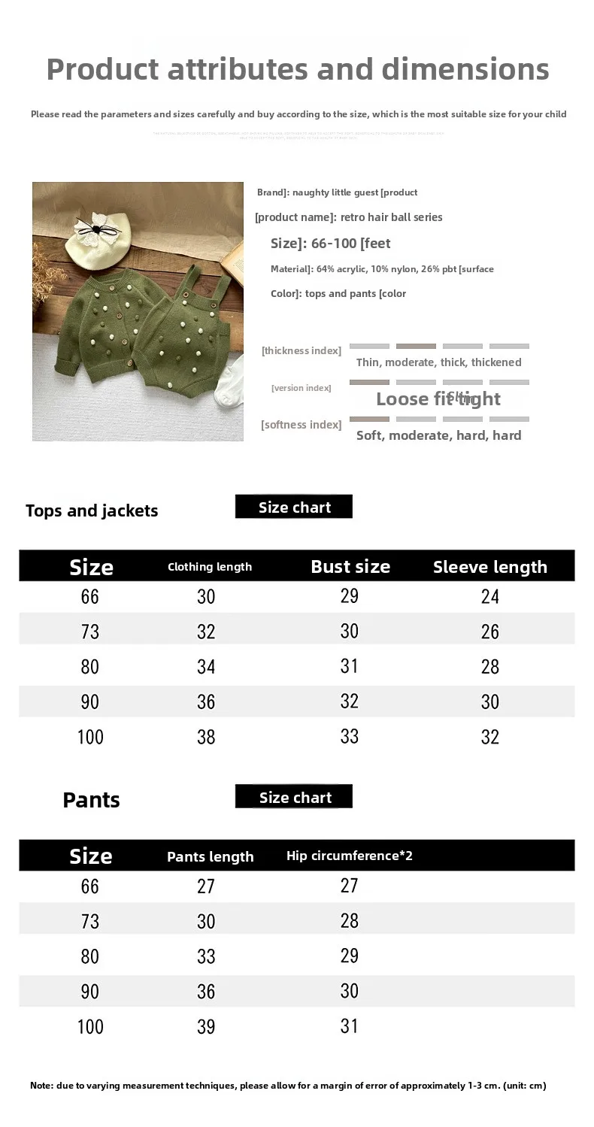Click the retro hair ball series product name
(391, 217)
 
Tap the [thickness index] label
(301, 350)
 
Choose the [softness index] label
(301, 425)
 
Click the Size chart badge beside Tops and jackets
(294, 507)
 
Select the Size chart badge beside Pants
(294, 798)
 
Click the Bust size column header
(350, 567)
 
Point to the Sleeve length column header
(489, 567)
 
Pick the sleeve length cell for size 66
(489, 597)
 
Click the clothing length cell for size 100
(206, 737)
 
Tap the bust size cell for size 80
(350, 666)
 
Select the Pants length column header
(210, 857)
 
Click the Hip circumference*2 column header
(349, 856)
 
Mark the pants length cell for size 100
(206, 1027)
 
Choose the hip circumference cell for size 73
(350, 921)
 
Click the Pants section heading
(91, 800)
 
